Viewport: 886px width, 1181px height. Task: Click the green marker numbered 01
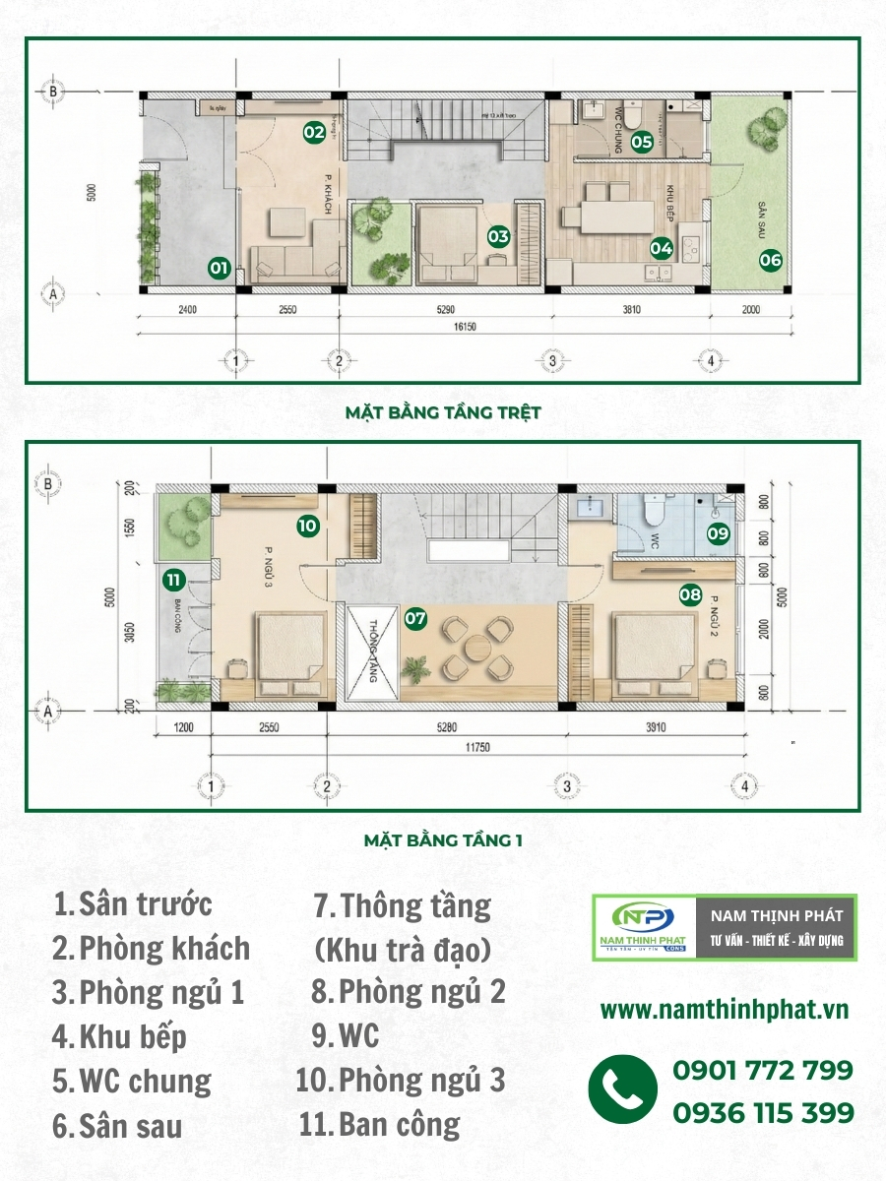click(219, 266)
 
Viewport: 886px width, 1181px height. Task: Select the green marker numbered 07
click(415, 618)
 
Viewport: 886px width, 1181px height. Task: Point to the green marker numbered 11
click(174, 579)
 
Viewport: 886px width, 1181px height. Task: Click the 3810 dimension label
click(631, 310)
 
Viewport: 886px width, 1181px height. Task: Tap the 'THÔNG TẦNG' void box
click(370, 653)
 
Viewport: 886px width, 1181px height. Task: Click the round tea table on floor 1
click(476, 648)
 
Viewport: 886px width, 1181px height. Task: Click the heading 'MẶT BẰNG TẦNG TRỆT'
click(443, 413)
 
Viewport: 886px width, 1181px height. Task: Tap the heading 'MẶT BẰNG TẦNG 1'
click(443, 840)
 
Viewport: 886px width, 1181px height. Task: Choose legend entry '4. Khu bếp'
click(120, 1036)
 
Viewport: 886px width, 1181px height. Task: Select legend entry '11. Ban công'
click(379, 1124)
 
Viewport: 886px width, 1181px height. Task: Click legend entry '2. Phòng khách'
click(151, 949)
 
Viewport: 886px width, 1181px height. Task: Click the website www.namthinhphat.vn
click(725, 1010)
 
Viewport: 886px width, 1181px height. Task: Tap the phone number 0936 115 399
click(762, 1113)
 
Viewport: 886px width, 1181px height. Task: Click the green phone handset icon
click(623, 1090)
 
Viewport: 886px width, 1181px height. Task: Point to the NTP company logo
click(644, 927)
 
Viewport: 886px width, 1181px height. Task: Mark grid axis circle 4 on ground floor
click(711, 361)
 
